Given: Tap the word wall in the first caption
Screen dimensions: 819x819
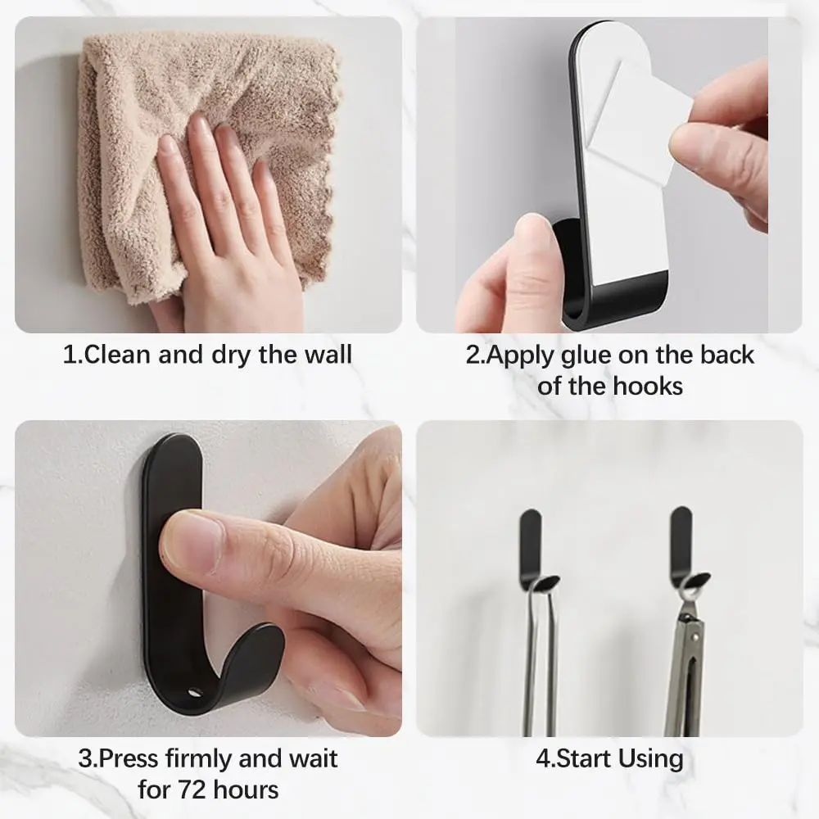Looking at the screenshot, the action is point(328,355).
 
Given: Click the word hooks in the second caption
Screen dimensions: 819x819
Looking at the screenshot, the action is point(648,387).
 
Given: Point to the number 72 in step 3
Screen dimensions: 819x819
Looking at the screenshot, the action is point(193,790).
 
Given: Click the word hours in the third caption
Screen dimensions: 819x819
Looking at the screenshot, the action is point(246,790).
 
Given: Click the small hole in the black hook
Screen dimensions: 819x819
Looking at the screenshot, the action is point(196,695).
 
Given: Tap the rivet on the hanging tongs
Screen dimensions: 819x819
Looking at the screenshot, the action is point(695,636).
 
